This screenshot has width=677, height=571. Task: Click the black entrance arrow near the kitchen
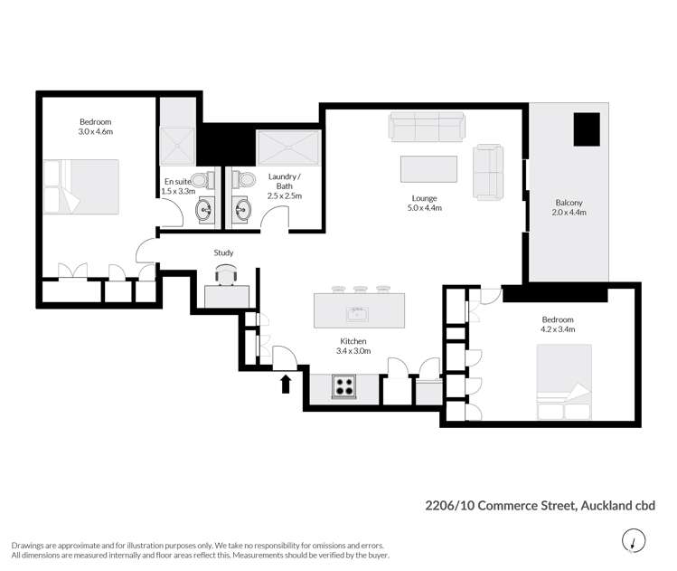click(x=287, y=384)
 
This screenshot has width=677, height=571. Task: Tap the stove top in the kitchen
click(x=344, y=386)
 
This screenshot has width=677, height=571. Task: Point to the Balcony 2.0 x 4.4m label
click(x=569, y=208)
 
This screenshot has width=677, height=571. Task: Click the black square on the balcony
click(x=588, y=128)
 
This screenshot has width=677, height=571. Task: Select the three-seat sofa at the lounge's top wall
click(x=427, y=126)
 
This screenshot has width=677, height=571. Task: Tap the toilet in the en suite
click(x=208, y=180)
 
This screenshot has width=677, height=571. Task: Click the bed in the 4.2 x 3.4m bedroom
click(x=563, y=383)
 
